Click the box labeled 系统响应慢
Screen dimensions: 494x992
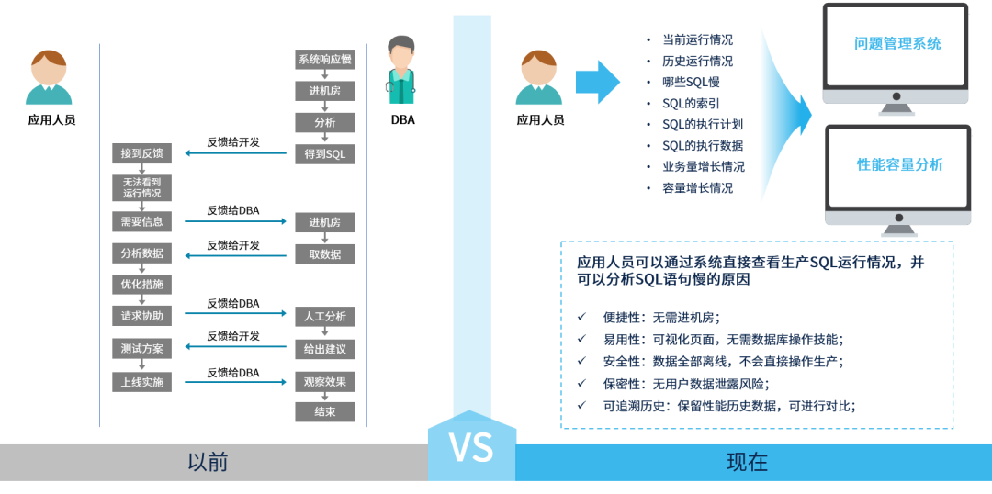tap(324, 60)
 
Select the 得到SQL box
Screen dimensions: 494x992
tap(324, 153)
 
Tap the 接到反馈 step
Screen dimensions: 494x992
tap(141, 153)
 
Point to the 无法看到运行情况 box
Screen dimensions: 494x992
tap(141, 188)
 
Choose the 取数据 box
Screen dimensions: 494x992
tap(324, 254)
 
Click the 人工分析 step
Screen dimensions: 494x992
tap(324, 317)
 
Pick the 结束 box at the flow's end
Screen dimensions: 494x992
tap(324, 411)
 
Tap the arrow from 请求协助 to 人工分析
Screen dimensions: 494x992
tap(236, 314)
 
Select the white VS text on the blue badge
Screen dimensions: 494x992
tap(471, 447)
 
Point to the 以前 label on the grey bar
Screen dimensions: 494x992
tap(208, 462)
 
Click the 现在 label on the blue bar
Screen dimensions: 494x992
tap(747, 462)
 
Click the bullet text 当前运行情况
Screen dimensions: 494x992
tap(697, 40)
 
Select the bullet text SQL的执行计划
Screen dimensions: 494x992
tap(702, 124)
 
